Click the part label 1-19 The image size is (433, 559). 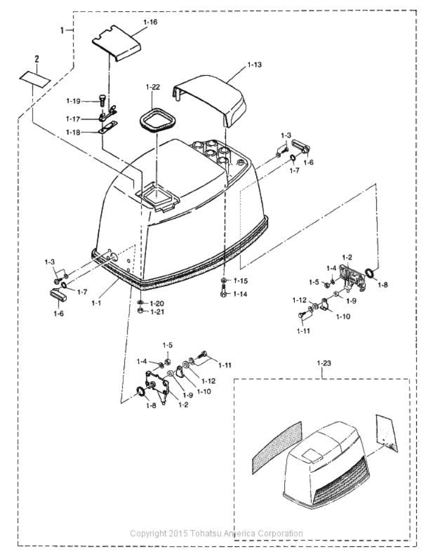tap(74, 101)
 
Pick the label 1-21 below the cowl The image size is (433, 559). tap(158, 312)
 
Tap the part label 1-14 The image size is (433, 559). tap(241, 293)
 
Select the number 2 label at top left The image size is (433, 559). tap(37, 58)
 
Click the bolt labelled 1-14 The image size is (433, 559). tap(224, 291)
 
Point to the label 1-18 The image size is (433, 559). tap(74, 132)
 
